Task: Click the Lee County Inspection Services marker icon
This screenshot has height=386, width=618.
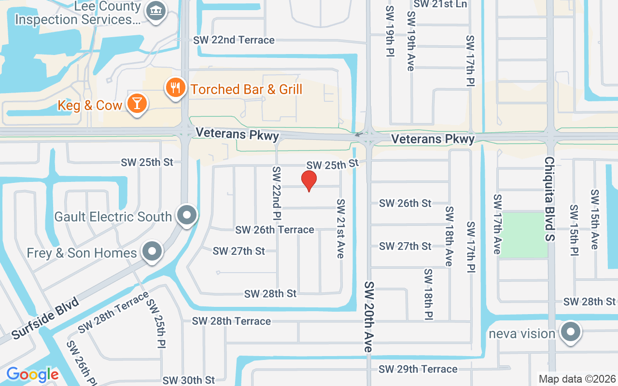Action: pyautogui.click(x=156, y=10)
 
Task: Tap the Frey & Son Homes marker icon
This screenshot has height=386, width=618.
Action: pyautogui.click(x=153, y=251)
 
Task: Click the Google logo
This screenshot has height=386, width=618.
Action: pyautogui.click(x=32, y=374)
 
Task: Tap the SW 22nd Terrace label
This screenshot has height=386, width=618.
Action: pyautogui.click(x=234, y=40)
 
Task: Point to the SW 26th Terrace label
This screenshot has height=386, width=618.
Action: pyautogui.click(x=275, y=230)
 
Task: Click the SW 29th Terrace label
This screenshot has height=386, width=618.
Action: pyautogui.click(x=418, y=369)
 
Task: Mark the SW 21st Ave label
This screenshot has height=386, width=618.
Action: pyautogui.click(x=341, y=228)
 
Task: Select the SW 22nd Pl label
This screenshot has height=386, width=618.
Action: pyautogui.click(x=277, y=193)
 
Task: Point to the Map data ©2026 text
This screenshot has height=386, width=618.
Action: pyautogui.click(x=577, y=379)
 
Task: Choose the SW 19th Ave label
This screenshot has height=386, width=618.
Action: pyautogui.click(x=411, y=41)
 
